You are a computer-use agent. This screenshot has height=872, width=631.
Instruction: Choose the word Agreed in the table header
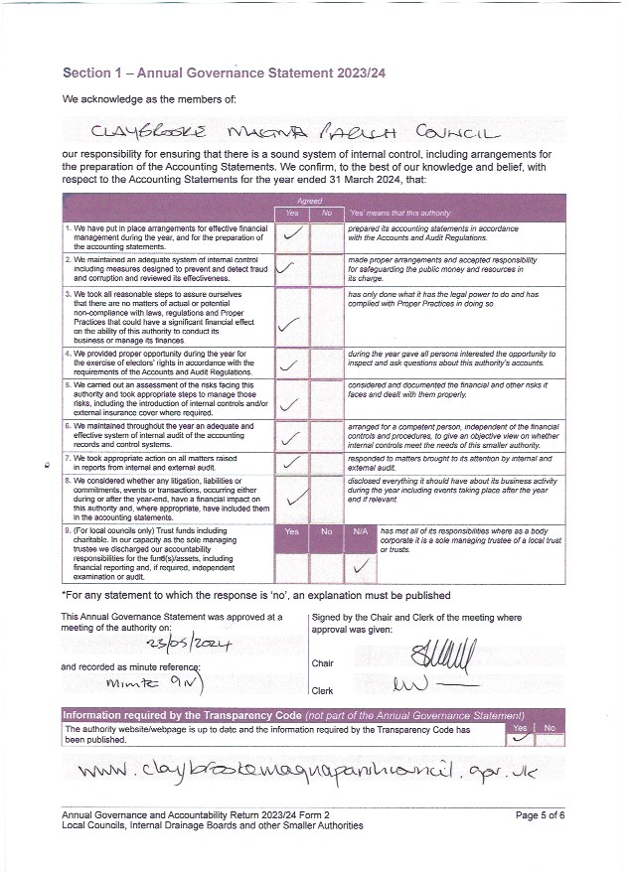[308, 201]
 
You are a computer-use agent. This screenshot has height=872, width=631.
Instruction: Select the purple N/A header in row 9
[362, 531]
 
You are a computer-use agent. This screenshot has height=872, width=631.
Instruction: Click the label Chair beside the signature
[322, 662]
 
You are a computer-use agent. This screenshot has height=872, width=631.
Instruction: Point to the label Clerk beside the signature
[322, 690]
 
